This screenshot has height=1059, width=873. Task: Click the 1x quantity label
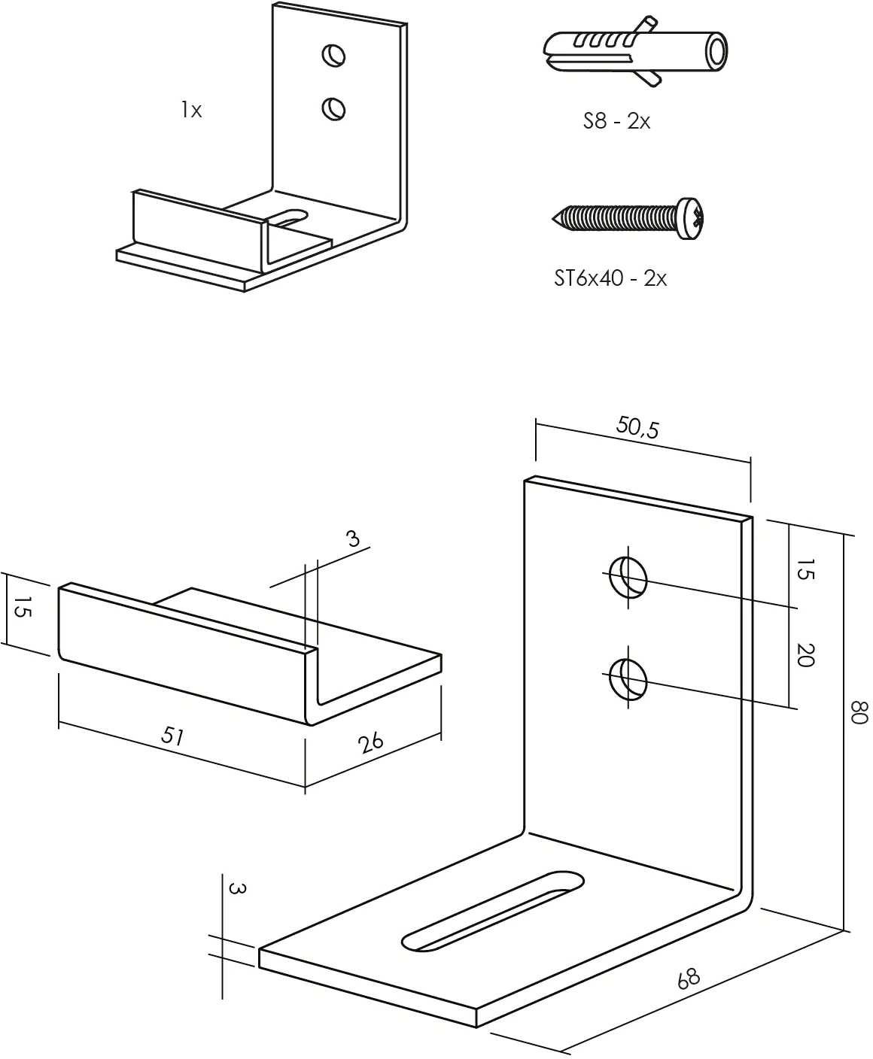[191, 111]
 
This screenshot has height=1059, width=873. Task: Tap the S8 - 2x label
[616, 121]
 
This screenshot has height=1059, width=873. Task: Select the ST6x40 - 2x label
[610, 278]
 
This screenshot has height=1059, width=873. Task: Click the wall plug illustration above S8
[634, 52]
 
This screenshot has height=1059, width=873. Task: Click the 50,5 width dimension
[637, 427]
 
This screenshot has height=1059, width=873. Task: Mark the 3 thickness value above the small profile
[353, 539]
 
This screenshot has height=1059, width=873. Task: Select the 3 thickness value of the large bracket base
[236, 889]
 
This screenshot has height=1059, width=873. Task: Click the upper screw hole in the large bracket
[628, 578]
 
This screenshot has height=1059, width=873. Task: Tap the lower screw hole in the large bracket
[628, 679]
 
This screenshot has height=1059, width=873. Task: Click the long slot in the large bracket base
[493, 910]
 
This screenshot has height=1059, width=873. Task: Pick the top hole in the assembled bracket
[333, 54]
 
